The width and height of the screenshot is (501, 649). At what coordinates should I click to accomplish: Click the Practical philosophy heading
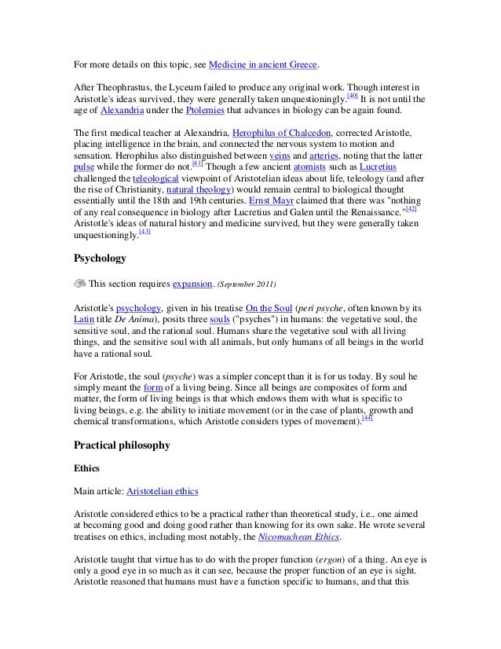click(121, 445)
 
